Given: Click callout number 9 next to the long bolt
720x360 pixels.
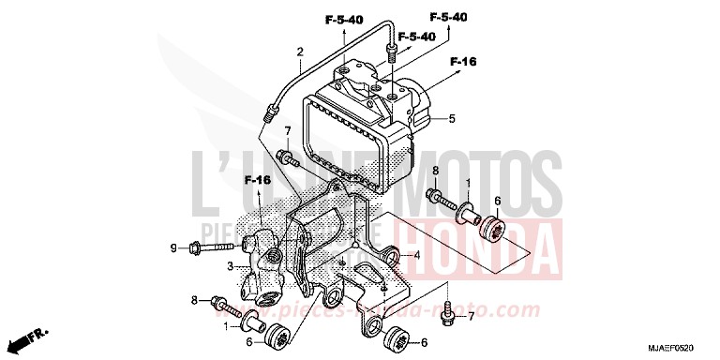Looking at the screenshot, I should tap(172, 247).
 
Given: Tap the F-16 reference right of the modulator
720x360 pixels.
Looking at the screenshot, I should tap(463, 62).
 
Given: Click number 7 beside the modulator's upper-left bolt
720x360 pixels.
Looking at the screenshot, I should tap(289, 130).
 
